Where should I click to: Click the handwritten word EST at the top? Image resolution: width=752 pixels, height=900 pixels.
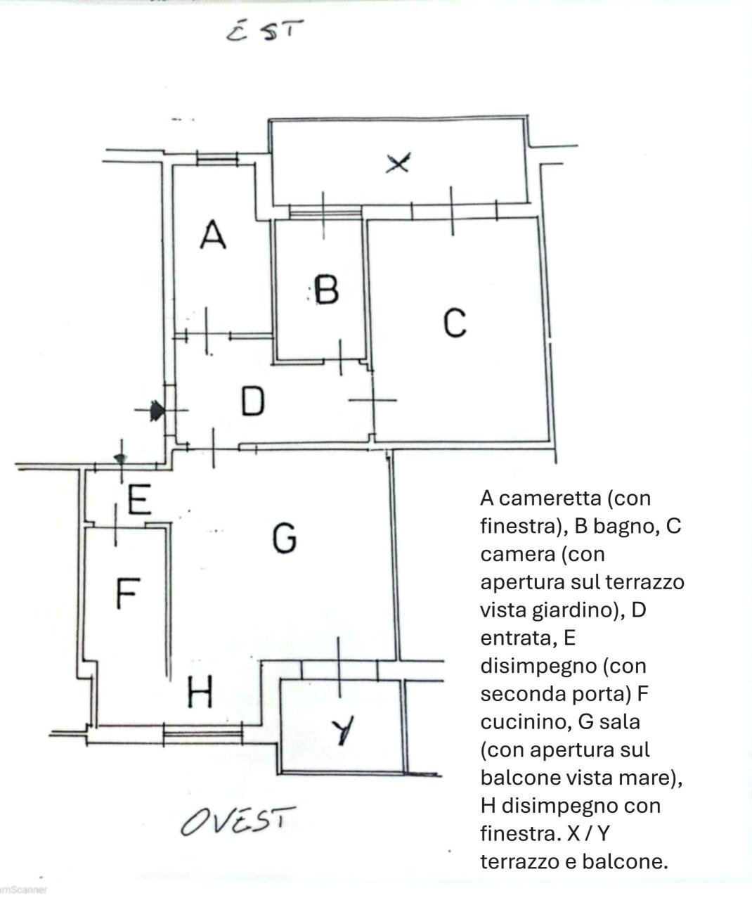[265, 32]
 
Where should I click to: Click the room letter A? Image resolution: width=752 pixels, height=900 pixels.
[213, 235]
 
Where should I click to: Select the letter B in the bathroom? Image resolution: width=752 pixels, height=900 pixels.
[326, 289]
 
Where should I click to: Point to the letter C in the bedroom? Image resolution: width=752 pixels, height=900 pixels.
[455, 323]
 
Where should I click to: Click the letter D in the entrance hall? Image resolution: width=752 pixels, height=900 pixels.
[253, 401]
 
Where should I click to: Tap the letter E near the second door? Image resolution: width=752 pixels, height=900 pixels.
[139, 501]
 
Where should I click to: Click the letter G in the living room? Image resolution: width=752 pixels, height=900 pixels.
[284, 538]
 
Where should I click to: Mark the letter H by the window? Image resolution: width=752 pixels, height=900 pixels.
[200, 694]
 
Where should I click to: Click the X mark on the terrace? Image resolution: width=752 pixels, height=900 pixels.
[398, 164]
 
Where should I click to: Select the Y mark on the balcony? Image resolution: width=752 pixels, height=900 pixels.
[343, 731]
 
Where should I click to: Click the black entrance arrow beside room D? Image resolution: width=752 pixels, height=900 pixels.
[156, 410]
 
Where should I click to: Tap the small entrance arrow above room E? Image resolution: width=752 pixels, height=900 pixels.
[120, 458]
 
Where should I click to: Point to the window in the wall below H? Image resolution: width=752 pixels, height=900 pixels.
[202, 735]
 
